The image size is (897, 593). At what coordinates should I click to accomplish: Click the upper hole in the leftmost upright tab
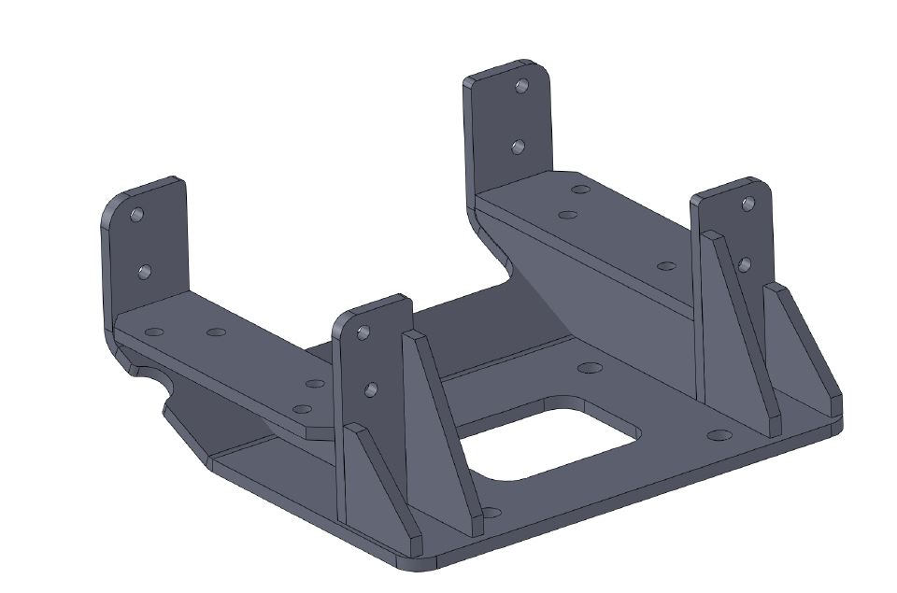pyautogui.click(x=137, y=215)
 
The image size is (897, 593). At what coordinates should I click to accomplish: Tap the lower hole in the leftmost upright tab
pyautogui.click(x=143, y=271)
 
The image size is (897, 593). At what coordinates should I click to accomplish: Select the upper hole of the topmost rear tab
pyautogui.click(x=521, y=86)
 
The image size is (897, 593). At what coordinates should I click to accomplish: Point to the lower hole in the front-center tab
pyautogui.click(x=370, y=388)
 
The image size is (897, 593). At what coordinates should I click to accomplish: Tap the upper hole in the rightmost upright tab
pyautogui.click(x=747, y=203)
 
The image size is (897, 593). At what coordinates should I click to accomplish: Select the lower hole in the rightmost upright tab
pyautogui.click(x=744, y=264)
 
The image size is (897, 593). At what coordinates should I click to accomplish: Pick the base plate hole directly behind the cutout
pyautogui.click(x=589, y=367)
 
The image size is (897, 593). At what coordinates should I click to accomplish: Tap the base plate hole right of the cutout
pyautogui.click(x=719, y=435)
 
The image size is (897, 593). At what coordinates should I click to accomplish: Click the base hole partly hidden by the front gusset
pyautogui.click(x=491, y=512)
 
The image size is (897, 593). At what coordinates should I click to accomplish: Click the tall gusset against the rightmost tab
pyautogui.click(x=738, y=327)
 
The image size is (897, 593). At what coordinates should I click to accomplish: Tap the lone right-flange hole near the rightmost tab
pyautogui.click(x=666, y=266)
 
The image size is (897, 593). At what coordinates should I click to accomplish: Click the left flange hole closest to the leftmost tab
pyautogui.click(x=154, y=332)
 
